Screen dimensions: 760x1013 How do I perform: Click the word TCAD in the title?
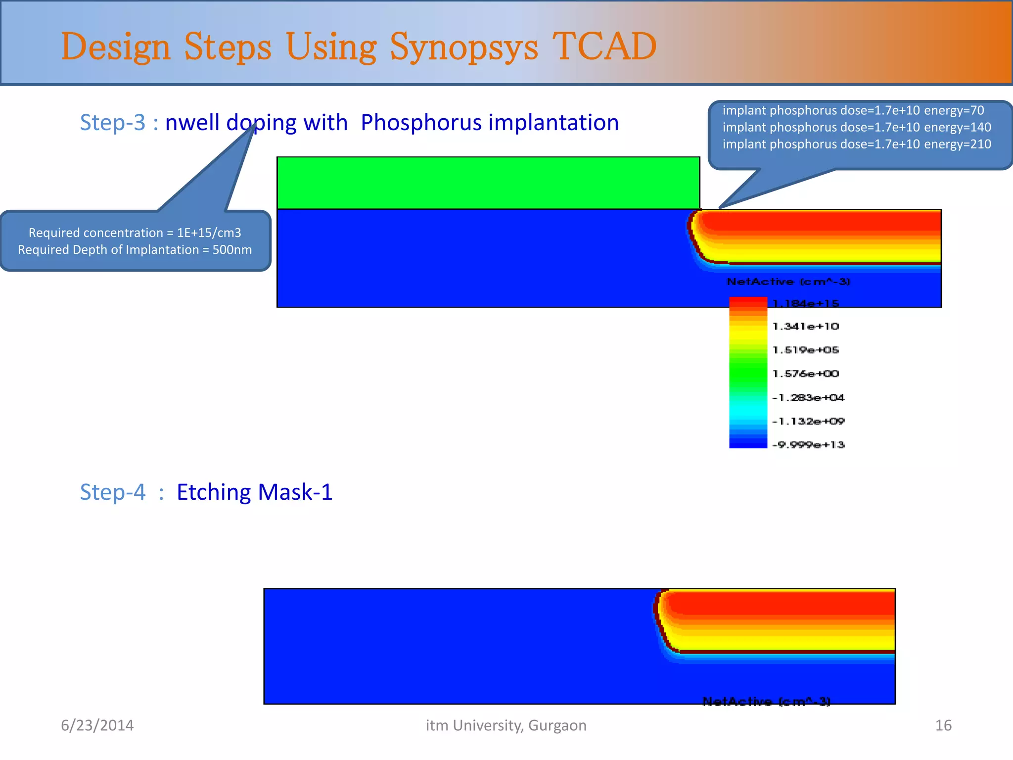click(604, 47)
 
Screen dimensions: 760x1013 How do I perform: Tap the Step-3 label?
click(113, 122)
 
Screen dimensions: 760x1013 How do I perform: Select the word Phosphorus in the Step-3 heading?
click(420, 122)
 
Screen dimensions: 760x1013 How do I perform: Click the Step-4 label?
click(113, 492)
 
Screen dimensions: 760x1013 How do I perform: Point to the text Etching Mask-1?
click(254, 492)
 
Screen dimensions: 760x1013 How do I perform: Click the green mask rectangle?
click(488, 183)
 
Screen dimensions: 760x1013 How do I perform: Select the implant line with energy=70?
click(853, 110)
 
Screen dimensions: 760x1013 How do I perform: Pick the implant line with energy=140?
click(856, 127)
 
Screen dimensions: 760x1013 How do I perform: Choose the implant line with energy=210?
click(856, 144)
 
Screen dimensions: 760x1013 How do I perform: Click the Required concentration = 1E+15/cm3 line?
click(135, 233)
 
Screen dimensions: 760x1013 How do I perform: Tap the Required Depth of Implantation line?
click(135, 249)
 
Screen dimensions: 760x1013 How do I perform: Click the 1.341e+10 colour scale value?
click(805, 326)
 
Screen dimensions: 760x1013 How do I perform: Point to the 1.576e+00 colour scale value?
click(805, 374)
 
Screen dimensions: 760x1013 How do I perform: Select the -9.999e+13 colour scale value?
click(808, 445)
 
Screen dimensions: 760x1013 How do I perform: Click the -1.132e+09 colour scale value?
click(808, 421)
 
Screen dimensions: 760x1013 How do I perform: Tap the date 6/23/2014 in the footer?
click(97, 725)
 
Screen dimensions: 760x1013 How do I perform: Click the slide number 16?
click(943, 725)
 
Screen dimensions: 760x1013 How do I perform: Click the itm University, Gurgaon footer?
click(506, 725)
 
